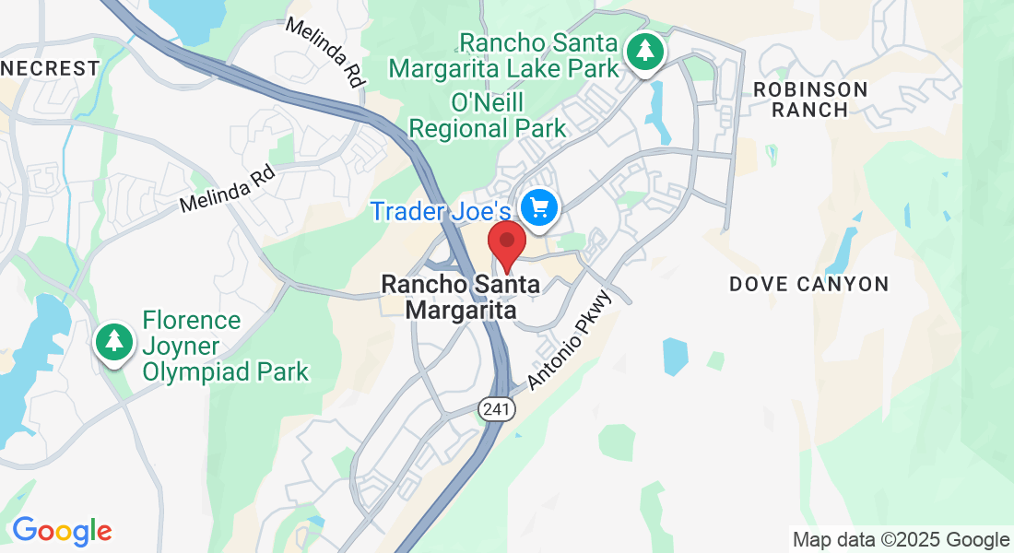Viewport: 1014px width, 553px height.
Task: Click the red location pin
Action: click(506, 243)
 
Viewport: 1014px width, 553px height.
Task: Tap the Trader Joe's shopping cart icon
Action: click(540, 207)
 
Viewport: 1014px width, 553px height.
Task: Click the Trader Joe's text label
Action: click(440, 211)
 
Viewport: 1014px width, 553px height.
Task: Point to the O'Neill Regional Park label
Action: click(488, 114)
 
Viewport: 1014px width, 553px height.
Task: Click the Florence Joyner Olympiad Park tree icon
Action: click(114, 342)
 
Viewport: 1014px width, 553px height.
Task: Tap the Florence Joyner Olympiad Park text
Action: click(225, 347)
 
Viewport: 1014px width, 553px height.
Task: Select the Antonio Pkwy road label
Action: click(570, 340)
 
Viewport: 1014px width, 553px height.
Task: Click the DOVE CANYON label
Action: click(808, 285)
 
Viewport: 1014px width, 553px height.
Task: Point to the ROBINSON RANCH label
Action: click(810, 100)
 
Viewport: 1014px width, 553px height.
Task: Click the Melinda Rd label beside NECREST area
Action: click(229, 189)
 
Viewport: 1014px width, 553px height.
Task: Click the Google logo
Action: click(62, 532)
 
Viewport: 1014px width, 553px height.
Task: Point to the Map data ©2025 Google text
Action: click(901, 540)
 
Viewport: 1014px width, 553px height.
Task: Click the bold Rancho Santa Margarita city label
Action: click(461, 297)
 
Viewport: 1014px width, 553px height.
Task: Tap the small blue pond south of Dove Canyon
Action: click(675, 356)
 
